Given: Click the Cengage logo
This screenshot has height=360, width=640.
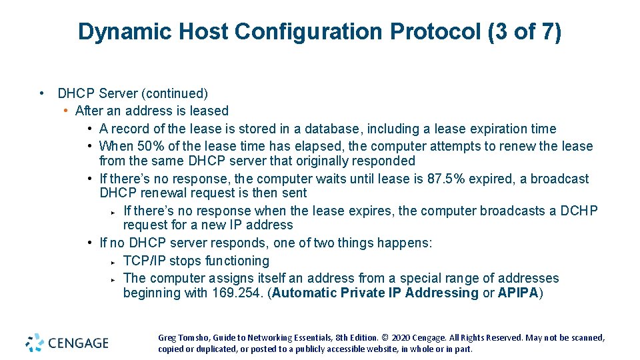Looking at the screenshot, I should (x=67, y=343).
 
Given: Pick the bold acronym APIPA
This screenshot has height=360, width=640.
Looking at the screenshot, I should (x=517, y=293).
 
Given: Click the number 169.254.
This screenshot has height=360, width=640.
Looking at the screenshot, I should (x=237, y=293).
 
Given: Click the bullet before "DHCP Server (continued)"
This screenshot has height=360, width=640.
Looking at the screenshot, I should (x=42, y=93).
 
